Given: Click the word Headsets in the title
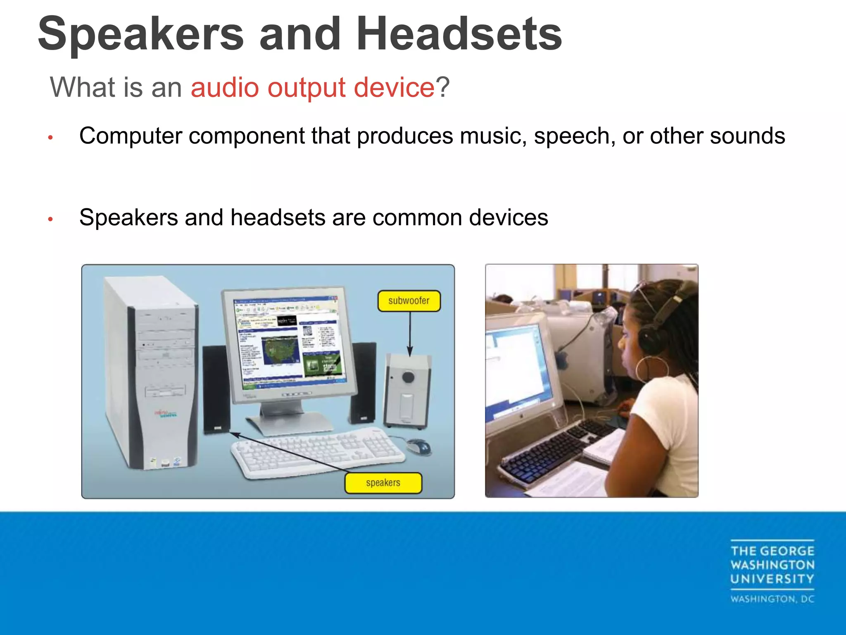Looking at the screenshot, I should coord(459,34).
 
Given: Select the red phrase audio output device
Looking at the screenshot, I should coord(312,87).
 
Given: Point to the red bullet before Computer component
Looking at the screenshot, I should coord(50,137).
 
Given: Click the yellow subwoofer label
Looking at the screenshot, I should coord(409,301).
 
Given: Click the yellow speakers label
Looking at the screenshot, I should coord(383,482).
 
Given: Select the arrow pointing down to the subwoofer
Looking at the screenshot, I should coord(410,333).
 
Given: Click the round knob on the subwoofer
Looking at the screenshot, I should coord(408,377).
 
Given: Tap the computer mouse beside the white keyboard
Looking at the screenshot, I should coord(419,446).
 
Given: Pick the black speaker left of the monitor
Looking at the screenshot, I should coord(216,389).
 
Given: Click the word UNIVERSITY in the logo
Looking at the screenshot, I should coord(772,579).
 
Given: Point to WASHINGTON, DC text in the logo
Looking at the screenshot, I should coord(772,599).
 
